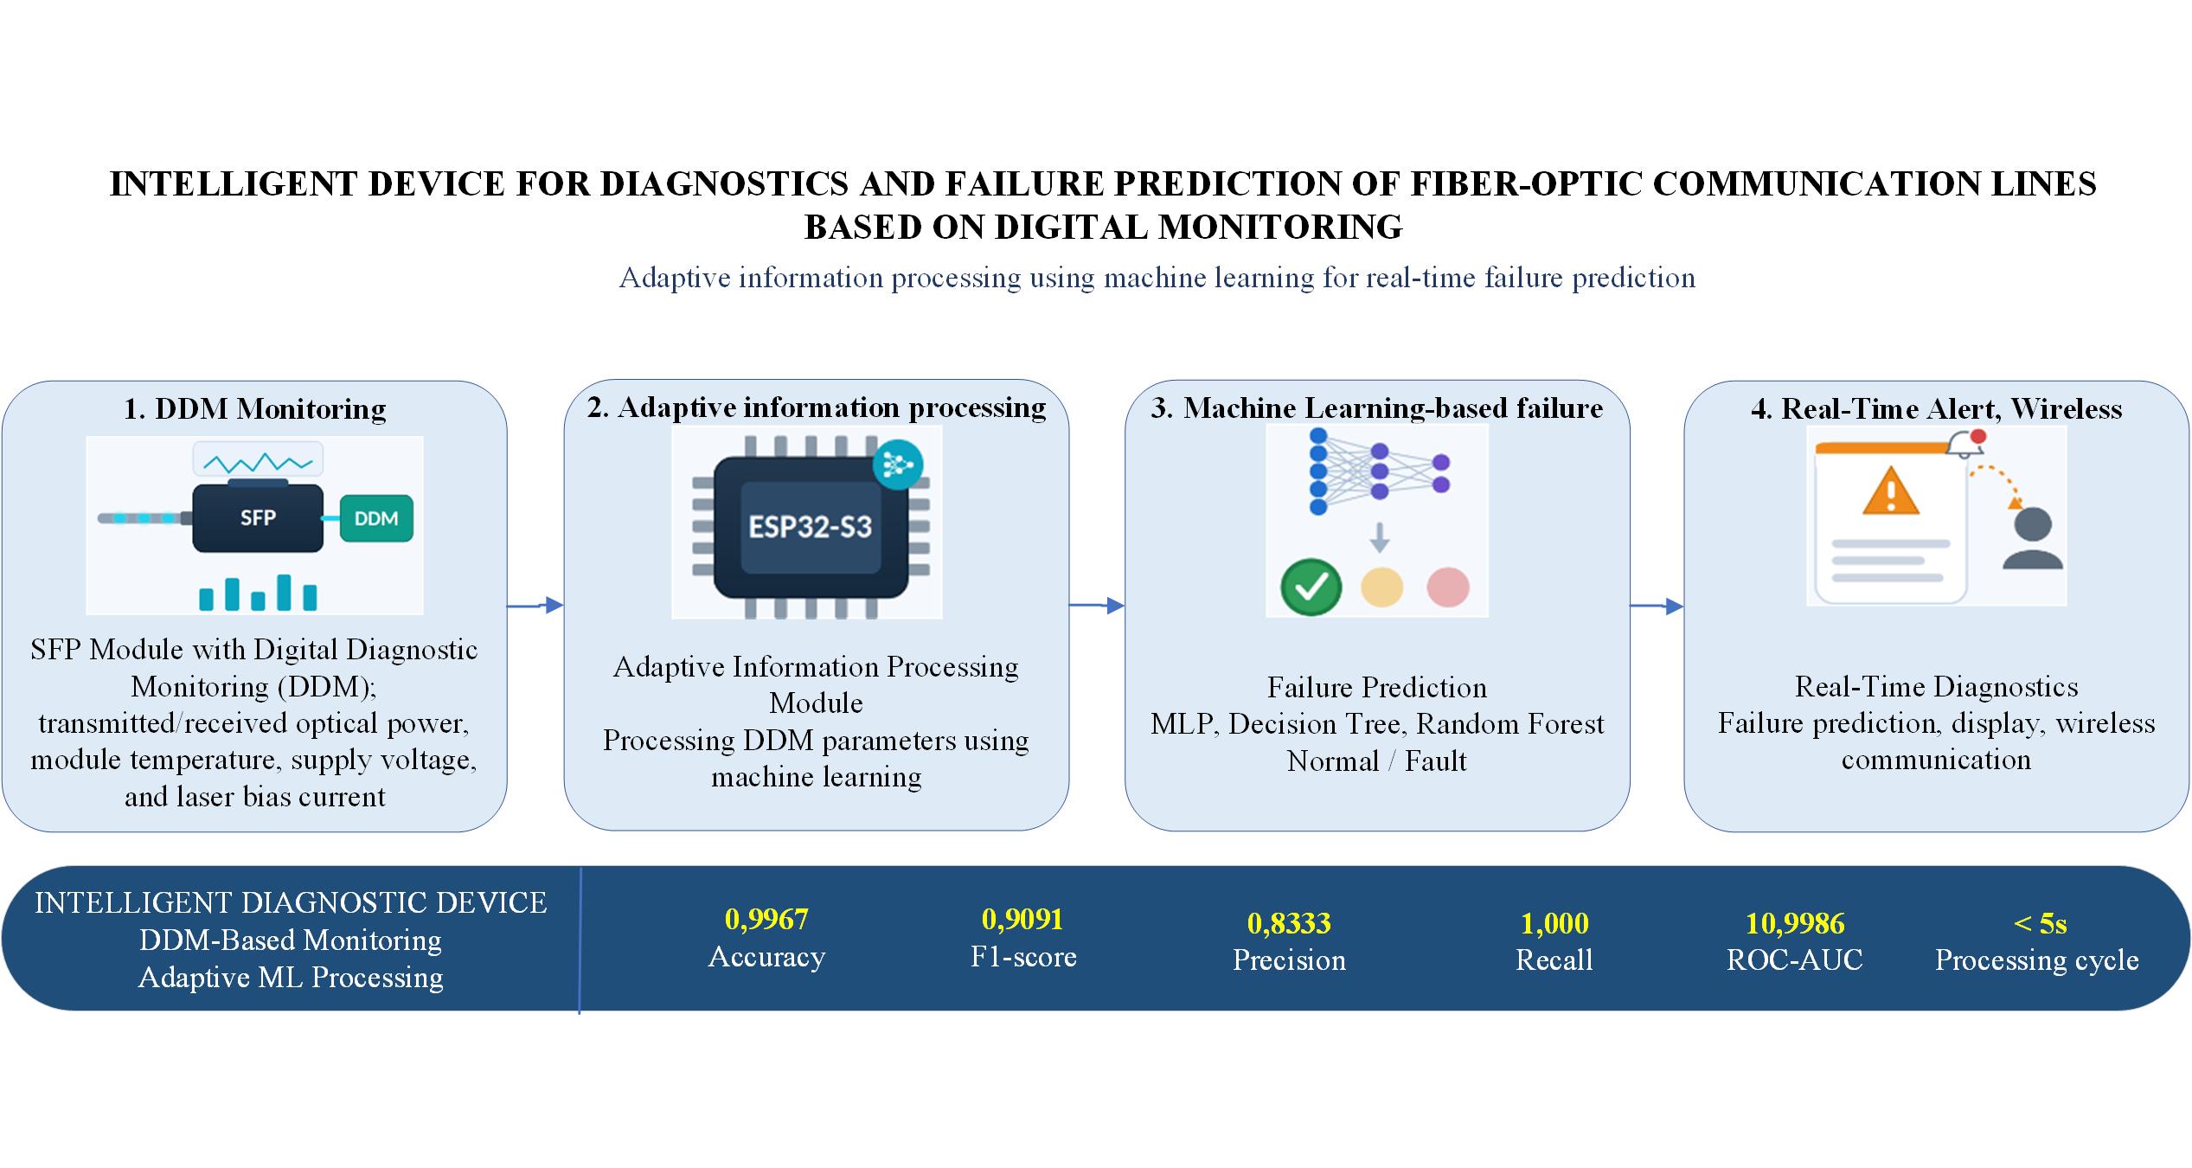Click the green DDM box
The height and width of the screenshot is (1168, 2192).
pyautogui.click(x=376, y=518)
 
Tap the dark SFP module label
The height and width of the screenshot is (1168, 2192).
pyautogui.click(x=258, y=518)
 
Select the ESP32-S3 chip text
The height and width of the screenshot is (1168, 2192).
pyautogui.click(x=811, y=527)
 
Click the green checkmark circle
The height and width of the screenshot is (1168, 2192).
pyautogui.click(x=1311, y=587)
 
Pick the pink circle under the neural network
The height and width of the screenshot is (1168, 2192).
pyautogui.click(x=1447, y=587)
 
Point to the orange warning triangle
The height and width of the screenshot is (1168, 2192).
pyautogui.click(x=1891, y=491)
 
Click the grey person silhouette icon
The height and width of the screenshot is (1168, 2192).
pyautogui.click(x=2032, y=538)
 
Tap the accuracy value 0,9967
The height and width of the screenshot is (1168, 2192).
pyautogui.click(x=766, y=919)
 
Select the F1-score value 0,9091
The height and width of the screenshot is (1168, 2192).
pyautogui.click(x=1022, y=919)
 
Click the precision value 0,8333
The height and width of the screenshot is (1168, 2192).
pyautogui.click(x=1289, y=923)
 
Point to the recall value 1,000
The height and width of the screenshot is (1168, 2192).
pyautogui.click(x=1554, y=923)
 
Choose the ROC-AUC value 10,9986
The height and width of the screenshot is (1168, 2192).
pyautogui.click(x=1795, y=923)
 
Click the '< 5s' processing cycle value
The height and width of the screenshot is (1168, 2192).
pyautogui.click(x=2040, y=923)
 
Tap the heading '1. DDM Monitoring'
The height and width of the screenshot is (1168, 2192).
pyautogui.click(x=254, y=408)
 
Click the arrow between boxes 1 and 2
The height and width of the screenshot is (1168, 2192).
pyautogui.click(x=535, y=606)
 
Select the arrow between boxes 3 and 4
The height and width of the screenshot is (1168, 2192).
pyautogui.click(x=1657, y=606)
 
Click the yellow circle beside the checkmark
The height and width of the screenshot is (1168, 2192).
pyautogui.click(x=1381, y=587)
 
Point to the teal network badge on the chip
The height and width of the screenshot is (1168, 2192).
pyautogui.click(x=899, y=464)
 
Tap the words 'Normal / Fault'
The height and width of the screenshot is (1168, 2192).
pyautogui.click(x=1376, y=760)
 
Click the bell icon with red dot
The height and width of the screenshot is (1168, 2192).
pyautogui.click(x=1965, y=443)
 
